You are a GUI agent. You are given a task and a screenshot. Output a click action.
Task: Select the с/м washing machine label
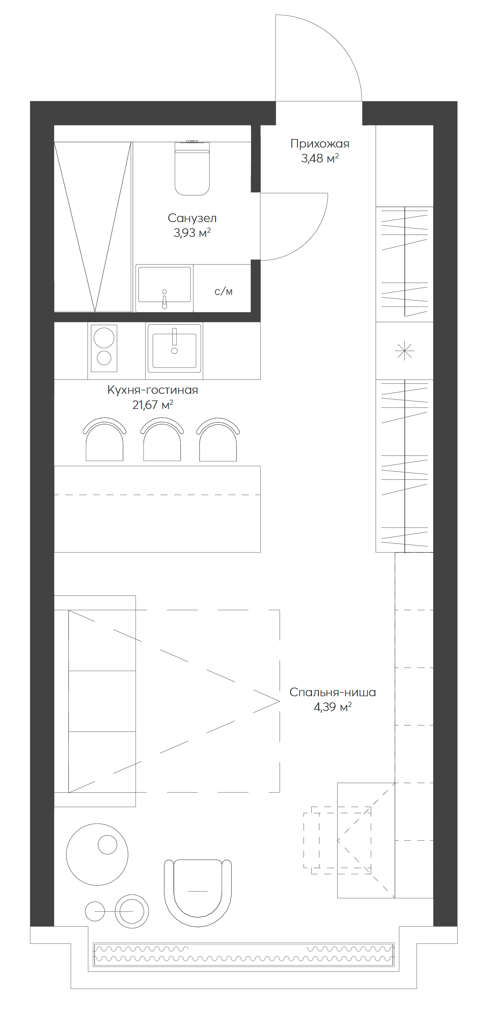(x=223, y=291)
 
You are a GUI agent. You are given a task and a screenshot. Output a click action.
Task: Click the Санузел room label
(x=192, y=218)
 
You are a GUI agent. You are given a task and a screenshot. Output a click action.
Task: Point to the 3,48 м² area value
(x=320, y=159)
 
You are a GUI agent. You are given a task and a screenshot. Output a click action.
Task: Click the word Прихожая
(x=320, y=144)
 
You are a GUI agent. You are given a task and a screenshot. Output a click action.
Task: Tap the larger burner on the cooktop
(x=104, y=338)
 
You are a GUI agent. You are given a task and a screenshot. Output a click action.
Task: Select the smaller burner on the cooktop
(x=104, y=358)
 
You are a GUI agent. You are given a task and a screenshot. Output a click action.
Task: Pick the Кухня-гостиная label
(x=152, y=390)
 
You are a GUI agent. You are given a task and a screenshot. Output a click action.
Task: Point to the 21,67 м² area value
(x=152, y=405)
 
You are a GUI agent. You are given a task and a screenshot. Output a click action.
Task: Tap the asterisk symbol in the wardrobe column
(x=405, y=351)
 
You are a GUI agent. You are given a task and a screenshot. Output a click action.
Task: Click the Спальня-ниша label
(x=332, y=692)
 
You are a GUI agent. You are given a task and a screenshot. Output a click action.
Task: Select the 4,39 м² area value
(x=332, y=707)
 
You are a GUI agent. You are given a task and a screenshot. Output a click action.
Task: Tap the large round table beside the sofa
(x=97, y=855)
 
